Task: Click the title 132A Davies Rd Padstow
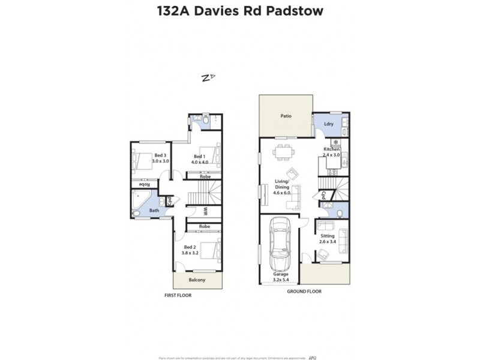pos(240,11)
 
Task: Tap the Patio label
pos(286,116)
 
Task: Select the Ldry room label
pos(328,124)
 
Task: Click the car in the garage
pos(280,245)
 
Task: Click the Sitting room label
pos(327,239)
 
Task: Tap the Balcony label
pos(197,280)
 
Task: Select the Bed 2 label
pos(190,250)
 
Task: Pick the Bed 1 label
pos(199,159)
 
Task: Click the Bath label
pos(154,211)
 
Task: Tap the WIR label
pos(205,211)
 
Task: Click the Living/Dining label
pos(282,184)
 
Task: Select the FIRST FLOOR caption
pos(178,296)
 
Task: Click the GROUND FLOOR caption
pos(305,291)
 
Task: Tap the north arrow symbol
pos(208,77)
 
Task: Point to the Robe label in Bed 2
pos(205,226)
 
